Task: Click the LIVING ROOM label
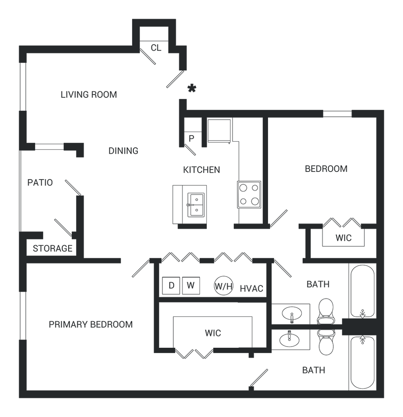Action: pyautogui.click(x=89, y=94)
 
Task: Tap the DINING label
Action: pyautogui.click(x=123, y=151)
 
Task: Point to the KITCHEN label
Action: pyautogui.click(x=201, y=170)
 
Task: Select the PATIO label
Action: pyautogui.click(x=40, y=183)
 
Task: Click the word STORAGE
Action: pyautogui.click(x=53, y=248)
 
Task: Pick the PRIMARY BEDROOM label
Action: pyautogui.click(x=91, y=325)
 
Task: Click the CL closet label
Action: pyautogui.click(x=156, y=48)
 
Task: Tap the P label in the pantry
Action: pyautogui.click(x=191, y=138)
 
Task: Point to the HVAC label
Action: pyautogui.click(x=251, y=289)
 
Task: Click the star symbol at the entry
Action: pyautogui.click(x=190, y=89)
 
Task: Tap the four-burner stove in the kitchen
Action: pyautogui.click(x=249, y=194)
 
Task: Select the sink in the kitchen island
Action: pyautogui.click(x=197, y=205)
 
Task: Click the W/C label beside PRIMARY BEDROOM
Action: pyautogui.click(x=213, y=334)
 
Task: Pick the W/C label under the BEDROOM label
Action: pyautogui.click(x=343, y=238)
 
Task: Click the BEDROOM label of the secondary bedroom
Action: pyautogui.click(x=326, y=169)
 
